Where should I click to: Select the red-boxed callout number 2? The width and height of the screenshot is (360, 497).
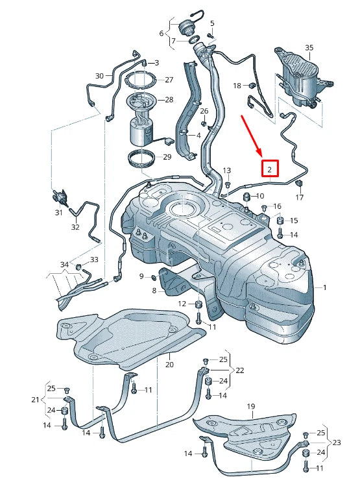pyautogui.click(x=270, y=169)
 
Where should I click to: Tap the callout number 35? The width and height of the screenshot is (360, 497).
pyautogui.click(x=309, y=48)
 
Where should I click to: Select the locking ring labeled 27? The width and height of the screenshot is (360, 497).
pyautogui.click(x=141, y=81)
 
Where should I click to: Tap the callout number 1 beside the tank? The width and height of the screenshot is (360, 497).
pyautogui.click(x=326, y=287)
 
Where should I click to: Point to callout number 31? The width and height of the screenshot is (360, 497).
pyautogui.click(x=58, y=212)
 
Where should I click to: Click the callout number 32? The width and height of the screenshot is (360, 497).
pyautogui.click(x=75, y=227)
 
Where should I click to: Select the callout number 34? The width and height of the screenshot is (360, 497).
pyautogui.click(x=64, y=265)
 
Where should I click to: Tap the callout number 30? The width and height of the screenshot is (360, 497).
pyautogui.click(x=99, y=76)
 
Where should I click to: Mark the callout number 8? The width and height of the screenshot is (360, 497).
pyautogui.click(x=154, y=291)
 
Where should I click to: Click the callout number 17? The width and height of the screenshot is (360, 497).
pyautogui.click(x=299, y=197)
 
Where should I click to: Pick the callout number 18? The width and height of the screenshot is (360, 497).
pyautogui.click(x=237, y=85)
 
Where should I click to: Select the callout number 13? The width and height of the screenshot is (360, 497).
pyautogui.click(x=227, y=170)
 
